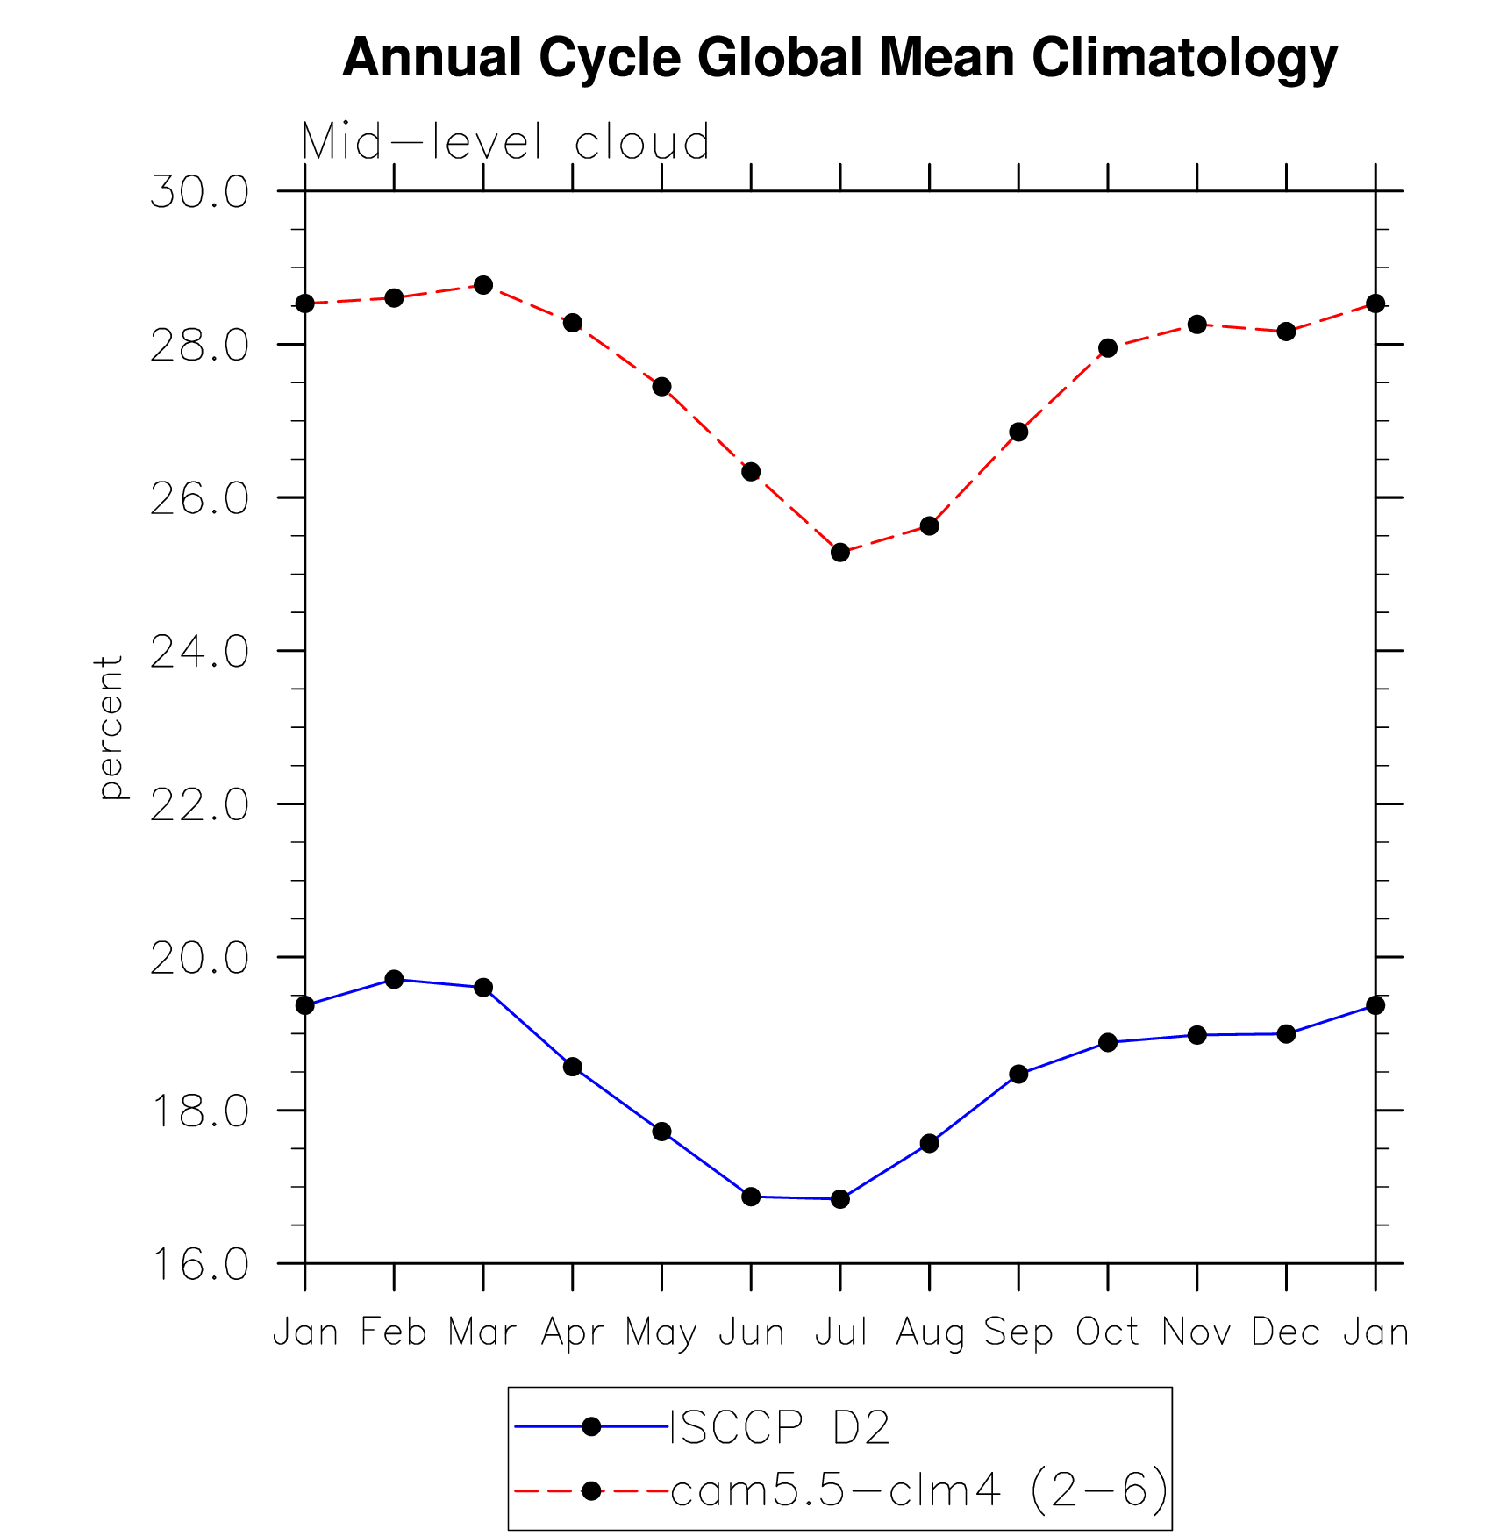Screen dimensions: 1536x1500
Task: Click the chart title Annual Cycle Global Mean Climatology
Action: [839, 58]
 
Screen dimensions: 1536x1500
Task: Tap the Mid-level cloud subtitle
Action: [505, 142]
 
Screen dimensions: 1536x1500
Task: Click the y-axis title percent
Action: [111, 727]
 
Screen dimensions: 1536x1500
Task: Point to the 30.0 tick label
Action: [200, 192]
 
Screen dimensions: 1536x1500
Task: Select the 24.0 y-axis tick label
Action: [200, 652]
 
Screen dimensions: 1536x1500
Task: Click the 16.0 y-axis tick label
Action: [200, 1265]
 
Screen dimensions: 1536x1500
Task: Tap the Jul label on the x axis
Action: [840, 1332]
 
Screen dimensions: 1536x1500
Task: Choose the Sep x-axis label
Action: [1018, 1332]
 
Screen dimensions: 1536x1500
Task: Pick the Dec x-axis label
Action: [1286, 1332]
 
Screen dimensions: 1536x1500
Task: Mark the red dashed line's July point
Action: [840, 553]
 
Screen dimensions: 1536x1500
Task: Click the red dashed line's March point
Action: [483, 285]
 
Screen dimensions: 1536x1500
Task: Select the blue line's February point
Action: [394, 979]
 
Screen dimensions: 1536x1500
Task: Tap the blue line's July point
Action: [840, 1199]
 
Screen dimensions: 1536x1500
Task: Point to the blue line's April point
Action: [573, 1067]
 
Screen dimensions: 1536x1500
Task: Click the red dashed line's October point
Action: [1108, 348]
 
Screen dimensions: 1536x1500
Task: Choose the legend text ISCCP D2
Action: [780, 1427]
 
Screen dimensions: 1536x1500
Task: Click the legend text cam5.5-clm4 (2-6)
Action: [919, 1490]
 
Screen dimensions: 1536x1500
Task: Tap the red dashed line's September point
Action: [1018, 432]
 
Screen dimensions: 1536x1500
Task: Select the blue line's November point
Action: [1196, 1035]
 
